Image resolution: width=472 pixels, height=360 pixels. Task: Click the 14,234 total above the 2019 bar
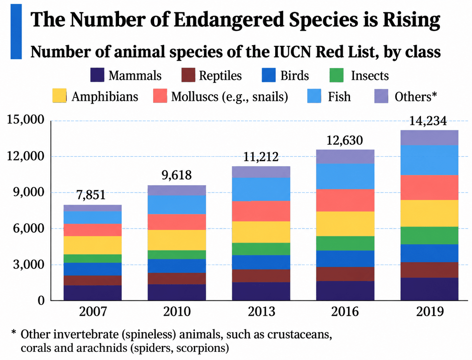pyautogui.click(x=428, y=121)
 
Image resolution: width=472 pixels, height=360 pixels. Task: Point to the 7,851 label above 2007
pyautogui.click(x=91, y=195)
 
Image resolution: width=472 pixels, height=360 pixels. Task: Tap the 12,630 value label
pyautogui.click(x=345, y=140)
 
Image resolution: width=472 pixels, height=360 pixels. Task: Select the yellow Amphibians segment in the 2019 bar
pyautogui.click(x=429, y=213)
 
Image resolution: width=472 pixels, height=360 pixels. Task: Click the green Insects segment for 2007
pyautogui.click(x=93, y=258)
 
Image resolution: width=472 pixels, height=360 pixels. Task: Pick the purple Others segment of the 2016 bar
pyautogui.click(x=345, y=156)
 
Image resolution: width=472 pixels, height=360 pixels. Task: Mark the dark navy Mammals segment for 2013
pyautogui.click(x=261, y=291)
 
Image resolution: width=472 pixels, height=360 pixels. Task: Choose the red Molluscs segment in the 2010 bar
pyautogui.click(x=177, y=222)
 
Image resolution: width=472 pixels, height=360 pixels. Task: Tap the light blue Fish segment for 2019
pyautogui.click(x=429, y=160)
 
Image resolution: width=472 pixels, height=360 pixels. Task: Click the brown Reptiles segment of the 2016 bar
pyautogui.click(x=345, y=274)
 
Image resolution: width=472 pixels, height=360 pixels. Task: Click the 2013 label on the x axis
pyautogui.click(x=261, y=312)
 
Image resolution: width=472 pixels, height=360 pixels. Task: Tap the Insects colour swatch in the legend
pyautogui.click(x=337, y=75)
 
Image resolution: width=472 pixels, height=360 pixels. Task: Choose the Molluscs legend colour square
pyautogui.click(x=160, y=96)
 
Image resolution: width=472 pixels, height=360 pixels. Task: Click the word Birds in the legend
pyautogui.click(x=295, y=76)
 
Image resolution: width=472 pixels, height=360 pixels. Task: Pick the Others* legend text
pyautogui.click(x=416, y=97)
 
